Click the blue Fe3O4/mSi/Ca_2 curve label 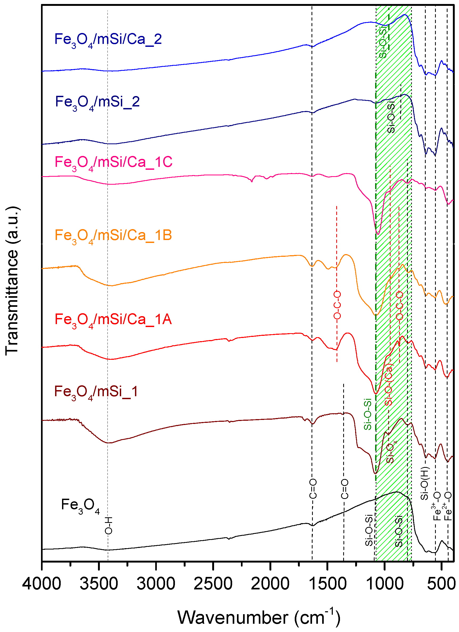click(108, 40)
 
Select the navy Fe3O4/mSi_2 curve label click(97, 102)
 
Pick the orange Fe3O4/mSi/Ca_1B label click(113, 236)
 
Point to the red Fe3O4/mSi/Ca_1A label click(113, 320)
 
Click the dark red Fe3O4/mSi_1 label click(96, 392)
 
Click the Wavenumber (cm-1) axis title click(259, 618)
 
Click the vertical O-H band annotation click(108, 525)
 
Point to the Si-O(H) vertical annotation click(424, 484)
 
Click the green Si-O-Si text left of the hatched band click(368, 414)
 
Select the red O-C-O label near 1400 click(337, 305)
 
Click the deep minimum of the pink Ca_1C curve click(378, 234)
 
